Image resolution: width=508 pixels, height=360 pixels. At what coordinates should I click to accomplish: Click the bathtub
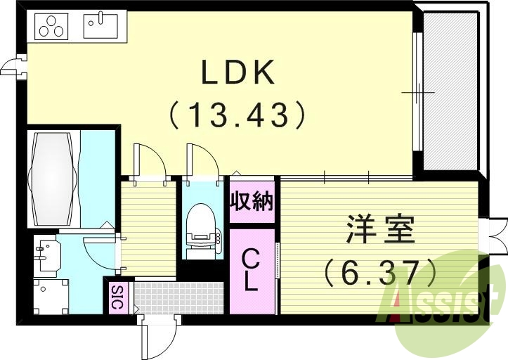[52, 175]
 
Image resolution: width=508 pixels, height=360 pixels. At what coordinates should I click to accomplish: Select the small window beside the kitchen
[11, 66]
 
